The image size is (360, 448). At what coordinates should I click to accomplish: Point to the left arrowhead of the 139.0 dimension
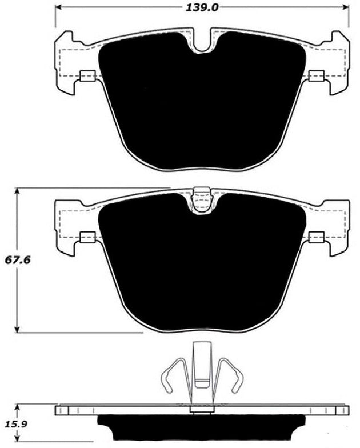[58, 7]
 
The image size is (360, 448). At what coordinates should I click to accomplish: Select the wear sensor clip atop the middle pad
[202, 200]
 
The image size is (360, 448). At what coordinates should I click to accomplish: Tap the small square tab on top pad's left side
[87, 77]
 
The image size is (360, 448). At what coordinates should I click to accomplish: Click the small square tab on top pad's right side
[316, 77]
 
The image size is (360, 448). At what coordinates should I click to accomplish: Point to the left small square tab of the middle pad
[87, 237]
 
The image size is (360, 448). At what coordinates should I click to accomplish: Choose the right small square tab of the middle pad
[316, 237]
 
